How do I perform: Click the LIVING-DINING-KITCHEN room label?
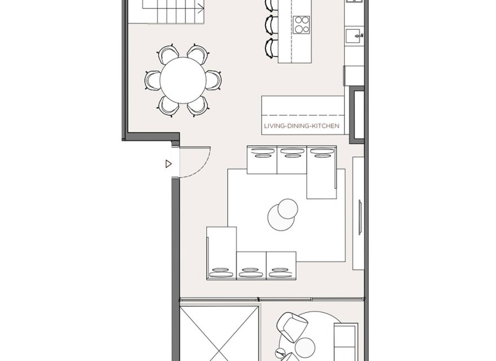click(302, 127)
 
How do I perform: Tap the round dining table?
click(183, 80)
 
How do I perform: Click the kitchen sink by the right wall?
click(356, 34)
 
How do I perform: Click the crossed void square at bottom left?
click(219, 333)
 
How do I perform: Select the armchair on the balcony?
click(293, 325)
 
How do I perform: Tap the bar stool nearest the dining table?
click(271, 49)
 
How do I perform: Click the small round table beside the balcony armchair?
click(305, 345)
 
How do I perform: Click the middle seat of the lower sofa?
click(250, 265)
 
